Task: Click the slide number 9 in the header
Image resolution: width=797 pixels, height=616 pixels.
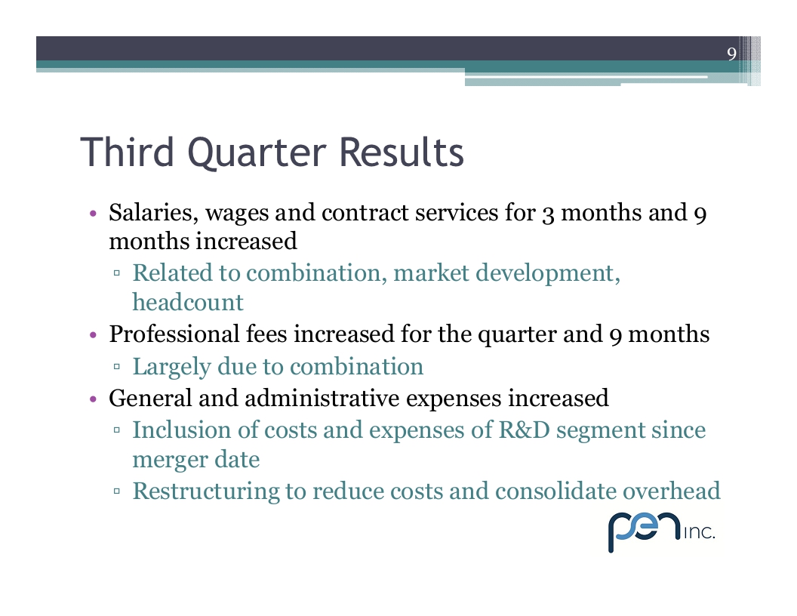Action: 731,54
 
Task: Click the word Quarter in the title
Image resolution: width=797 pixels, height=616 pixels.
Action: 257,153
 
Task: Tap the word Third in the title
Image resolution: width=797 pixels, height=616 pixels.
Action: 128,152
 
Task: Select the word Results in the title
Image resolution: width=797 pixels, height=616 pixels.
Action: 401,152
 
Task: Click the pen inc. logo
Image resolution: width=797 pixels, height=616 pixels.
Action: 661,531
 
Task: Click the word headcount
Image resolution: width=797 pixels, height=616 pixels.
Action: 188,303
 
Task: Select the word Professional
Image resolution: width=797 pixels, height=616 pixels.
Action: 174,334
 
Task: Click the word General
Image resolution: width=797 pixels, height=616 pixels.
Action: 150,398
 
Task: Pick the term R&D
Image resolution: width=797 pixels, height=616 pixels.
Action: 525,430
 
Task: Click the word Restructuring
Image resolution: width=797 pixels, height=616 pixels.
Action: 206,492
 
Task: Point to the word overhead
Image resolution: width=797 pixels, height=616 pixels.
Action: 672,491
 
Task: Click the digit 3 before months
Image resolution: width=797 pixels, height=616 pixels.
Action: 548,214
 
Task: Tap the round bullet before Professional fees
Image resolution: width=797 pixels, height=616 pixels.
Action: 93,335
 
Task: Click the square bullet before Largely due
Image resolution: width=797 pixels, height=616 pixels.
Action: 117,366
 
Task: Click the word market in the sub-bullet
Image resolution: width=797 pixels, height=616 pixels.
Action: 431,273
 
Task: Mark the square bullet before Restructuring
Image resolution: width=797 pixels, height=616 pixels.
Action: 117,491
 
